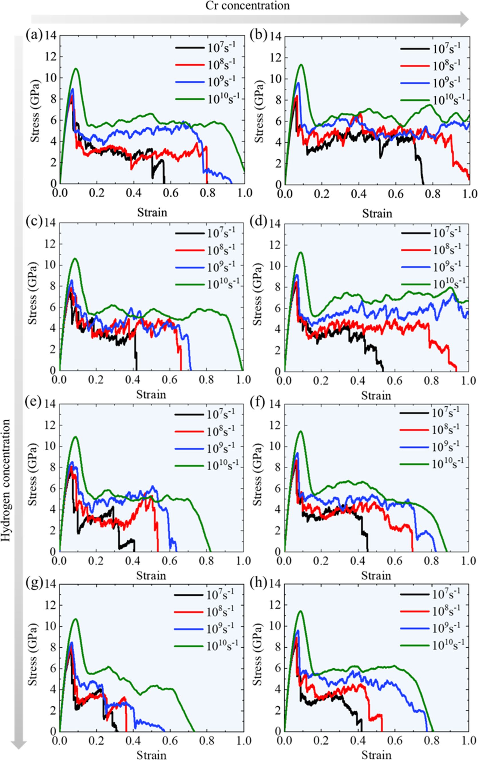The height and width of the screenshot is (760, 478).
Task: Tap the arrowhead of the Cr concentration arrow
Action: pyautogui.click(x=464, y=19)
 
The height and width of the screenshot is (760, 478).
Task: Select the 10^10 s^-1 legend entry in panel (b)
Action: pyautogui.click(x=433, y=100)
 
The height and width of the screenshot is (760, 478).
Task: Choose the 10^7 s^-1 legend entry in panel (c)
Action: pyautogui.click(x=205, y=233)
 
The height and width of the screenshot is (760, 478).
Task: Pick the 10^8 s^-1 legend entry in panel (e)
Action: pyautogui.click(x=205, y=431)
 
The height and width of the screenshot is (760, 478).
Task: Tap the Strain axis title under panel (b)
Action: pyautogui.click(x=377, y=214)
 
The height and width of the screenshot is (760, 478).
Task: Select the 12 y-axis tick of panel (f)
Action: pyautogui.click(x=275, y=425)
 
